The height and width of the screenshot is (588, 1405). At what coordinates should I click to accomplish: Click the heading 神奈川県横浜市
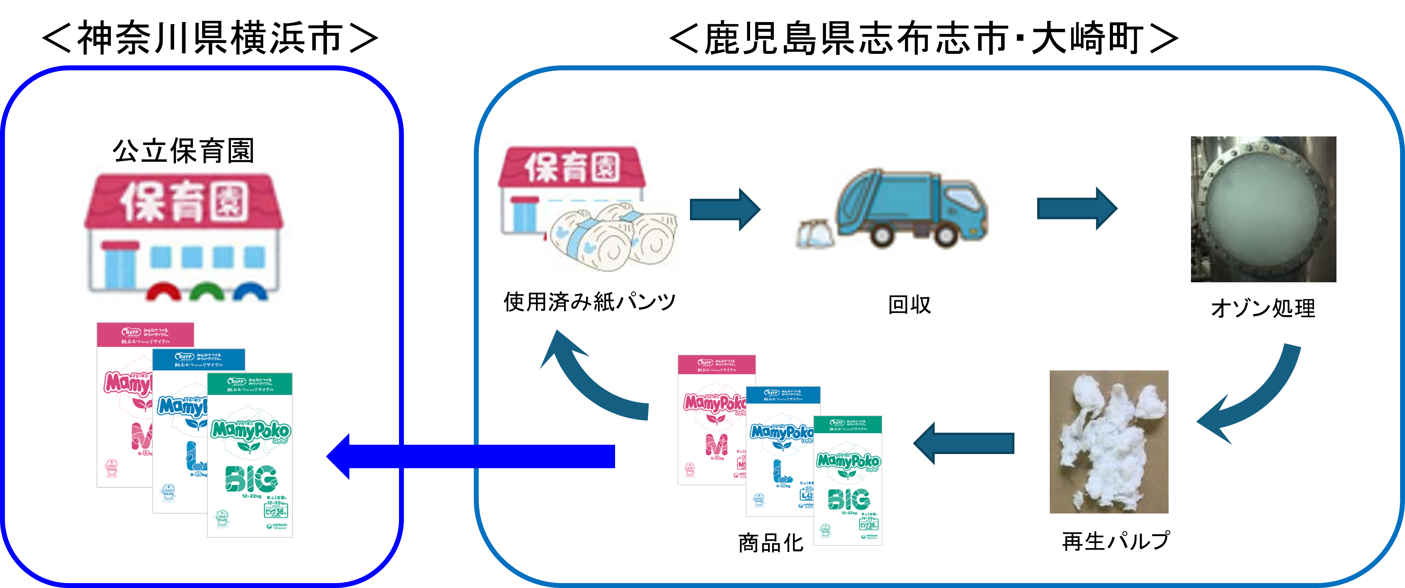210,38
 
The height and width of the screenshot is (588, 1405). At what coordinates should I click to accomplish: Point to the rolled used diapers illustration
614,237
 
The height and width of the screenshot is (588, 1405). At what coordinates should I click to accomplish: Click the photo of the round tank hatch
1263,209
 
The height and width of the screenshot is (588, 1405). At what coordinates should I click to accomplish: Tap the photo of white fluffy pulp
1108,442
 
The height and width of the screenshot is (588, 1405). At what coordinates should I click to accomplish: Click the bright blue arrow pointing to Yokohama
469,456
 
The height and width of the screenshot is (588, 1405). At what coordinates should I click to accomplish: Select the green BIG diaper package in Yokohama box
250,455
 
